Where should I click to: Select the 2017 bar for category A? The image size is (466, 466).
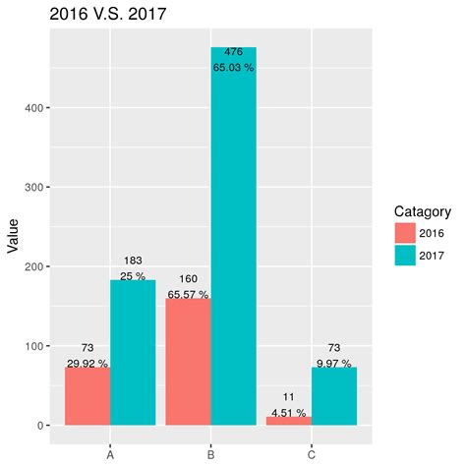(133, 353)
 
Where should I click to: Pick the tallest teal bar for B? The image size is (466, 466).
(233, 246)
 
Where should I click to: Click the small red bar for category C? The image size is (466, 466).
(289, 421)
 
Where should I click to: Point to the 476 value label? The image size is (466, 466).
(233, 52)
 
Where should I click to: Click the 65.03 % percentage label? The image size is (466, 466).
(233, 68)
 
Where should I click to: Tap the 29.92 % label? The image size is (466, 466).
(87, 364)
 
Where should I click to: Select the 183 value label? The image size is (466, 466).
(133, 260)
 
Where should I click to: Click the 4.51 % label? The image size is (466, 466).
(289, 413)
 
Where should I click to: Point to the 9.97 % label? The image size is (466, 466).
(334, 364)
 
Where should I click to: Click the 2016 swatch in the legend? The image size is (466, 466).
(404, 233)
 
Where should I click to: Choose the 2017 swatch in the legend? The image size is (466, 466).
(404, 255)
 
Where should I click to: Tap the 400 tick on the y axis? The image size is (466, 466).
(34, 107)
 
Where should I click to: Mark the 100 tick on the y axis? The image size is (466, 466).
(34, 346)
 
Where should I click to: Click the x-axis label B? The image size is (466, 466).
(210, 454)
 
